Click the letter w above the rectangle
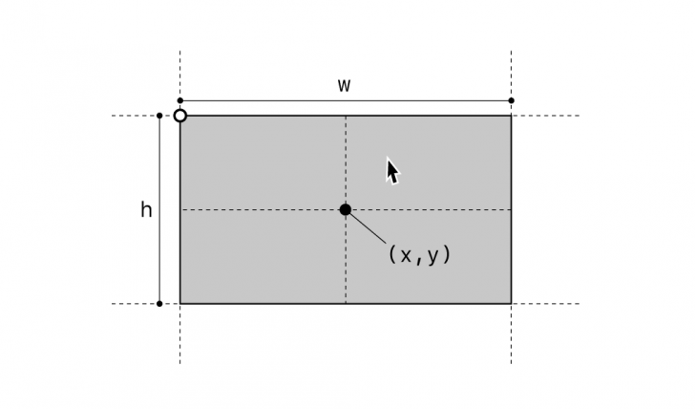point(344,85)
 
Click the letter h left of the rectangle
point(146,210)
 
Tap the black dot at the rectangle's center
point(346,209)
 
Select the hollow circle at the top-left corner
point(179,116)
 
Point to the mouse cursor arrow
point(391,170)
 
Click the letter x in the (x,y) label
point(407,255)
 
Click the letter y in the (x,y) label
point(432,256)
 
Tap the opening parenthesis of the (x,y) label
point(392,255)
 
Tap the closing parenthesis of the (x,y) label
point(446,255)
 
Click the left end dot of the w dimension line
point(179,100)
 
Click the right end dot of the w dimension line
point(511,100)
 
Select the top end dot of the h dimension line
point(159,116)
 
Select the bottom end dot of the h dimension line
point(159,304)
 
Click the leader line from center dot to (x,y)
point(368,227)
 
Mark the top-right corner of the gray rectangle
point(511,116)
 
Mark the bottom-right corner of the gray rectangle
point(511,304)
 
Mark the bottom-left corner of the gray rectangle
point(179,304)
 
